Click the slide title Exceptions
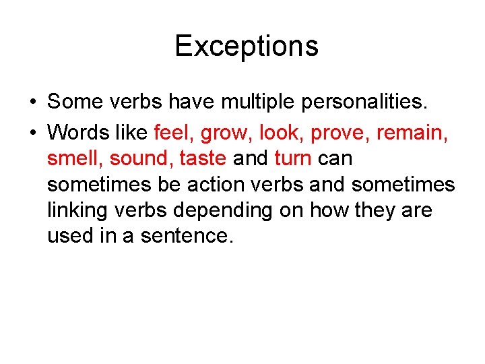(x=246, y=46)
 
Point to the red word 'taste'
(x=203, y=158)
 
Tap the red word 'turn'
(x=293, y=158)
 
